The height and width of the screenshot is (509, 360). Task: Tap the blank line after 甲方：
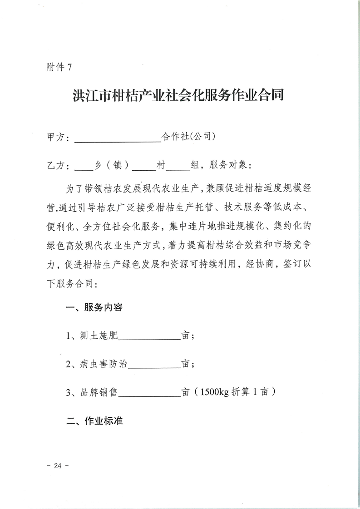pos(117,138)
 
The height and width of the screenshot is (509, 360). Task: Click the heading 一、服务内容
pos(94,308)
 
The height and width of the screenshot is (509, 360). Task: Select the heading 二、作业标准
pos(94,420)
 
